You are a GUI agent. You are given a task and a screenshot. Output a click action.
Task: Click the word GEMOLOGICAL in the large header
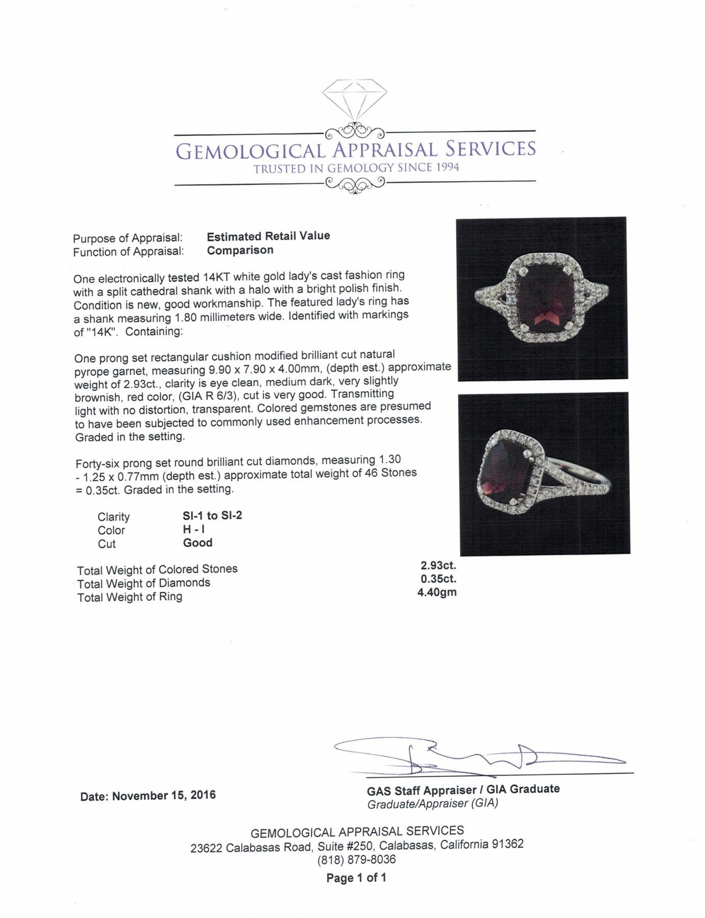(x=250, y=151)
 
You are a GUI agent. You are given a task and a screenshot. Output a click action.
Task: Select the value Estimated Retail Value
(x=268, y=236)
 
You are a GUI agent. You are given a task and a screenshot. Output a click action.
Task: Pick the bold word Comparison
(x=240, y=250)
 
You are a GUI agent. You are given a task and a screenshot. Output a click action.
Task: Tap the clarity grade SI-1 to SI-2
(x=212, y=515)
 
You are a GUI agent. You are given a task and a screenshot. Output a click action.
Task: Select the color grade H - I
(x=193, y=529)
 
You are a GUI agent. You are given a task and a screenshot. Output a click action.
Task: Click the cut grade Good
(x=198, y=542)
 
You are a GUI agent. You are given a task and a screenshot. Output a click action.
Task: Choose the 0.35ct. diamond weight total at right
(x=438, y=579)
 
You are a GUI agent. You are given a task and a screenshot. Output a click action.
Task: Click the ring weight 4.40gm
(x=437, y=592)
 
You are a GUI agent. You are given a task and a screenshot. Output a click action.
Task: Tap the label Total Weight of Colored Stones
(x=157, y=569)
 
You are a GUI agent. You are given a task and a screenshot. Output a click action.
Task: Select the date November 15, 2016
(x=163, y=796)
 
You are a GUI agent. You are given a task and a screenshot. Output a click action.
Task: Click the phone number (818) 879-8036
(x=356, y=859)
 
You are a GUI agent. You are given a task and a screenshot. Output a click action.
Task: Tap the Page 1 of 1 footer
(x=356, y=878)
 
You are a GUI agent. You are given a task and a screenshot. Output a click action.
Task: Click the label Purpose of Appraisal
(x=128, y=238)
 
